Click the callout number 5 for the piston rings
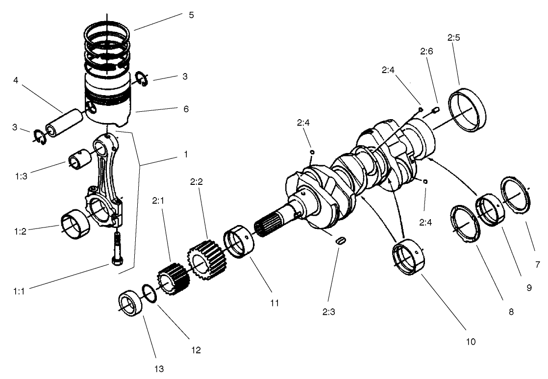pos(191,15)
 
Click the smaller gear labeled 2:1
pos(173,279)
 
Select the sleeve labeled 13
pos(131,304)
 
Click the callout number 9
pos(529,288)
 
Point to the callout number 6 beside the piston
pos(186,108)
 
